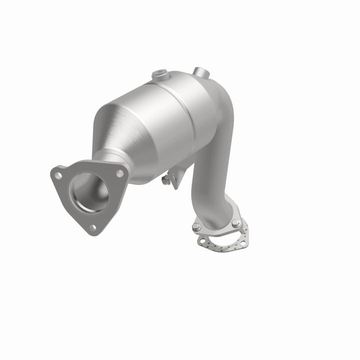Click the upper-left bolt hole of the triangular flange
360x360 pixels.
coord(59,175)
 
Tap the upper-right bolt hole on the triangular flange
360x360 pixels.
coord(120,173)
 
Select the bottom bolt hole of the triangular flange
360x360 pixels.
coord(92,227)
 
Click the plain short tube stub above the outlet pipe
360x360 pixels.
coord(199,71)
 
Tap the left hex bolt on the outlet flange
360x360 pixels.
coord(196,227)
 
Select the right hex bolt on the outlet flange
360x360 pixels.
coord(235,223)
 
